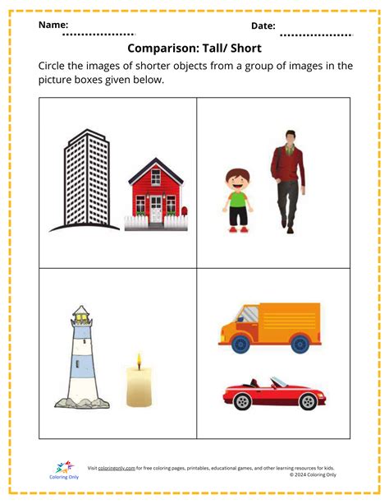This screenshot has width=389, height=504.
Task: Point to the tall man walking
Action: [286, 178]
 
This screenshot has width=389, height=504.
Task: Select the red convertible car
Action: [270, 395]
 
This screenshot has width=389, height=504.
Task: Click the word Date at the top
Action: [263, 26]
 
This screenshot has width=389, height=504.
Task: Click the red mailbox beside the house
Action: [184, 214]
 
